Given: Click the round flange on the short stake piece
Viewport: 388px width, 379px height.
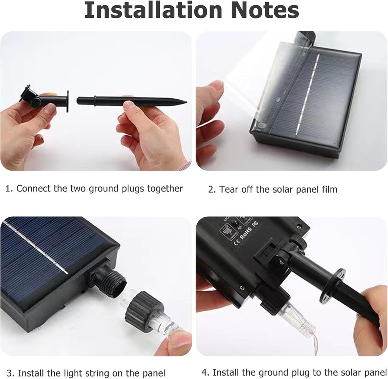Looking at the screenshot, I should tap(67, 101).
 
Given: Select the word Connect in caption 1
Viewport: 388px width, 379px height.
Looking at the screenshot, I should tap(33, 189).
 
